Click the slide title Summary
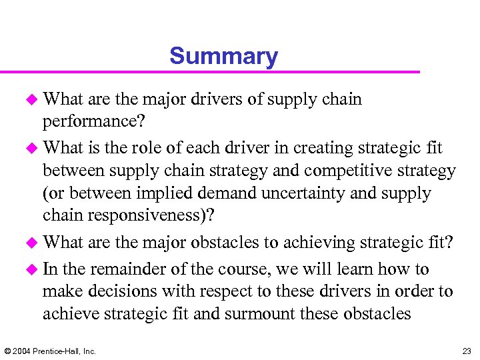[223, 56]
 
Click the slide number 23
[466, 351]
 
